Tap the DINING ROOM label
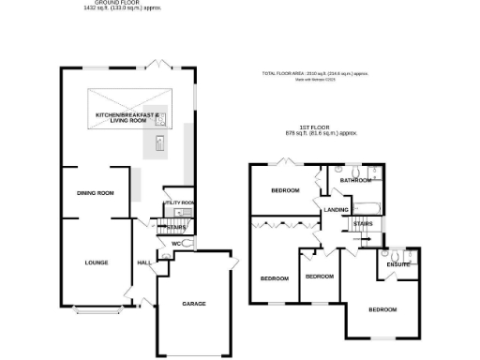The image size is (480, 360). coord(96,193)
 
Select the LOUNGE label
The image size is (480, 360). coord(96,262)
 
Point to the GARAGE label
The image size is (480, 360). coord(194,305)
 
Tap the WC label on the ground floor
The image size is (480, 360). coord(174,244)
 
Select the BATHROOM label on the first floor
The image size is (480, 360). coord(355,180)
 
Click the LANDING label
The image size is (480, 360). coord(337,210)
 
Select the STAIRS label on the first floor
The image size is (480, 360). coord(365,224)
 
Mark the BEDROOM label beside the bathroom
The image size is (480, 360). coord(285,190)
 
